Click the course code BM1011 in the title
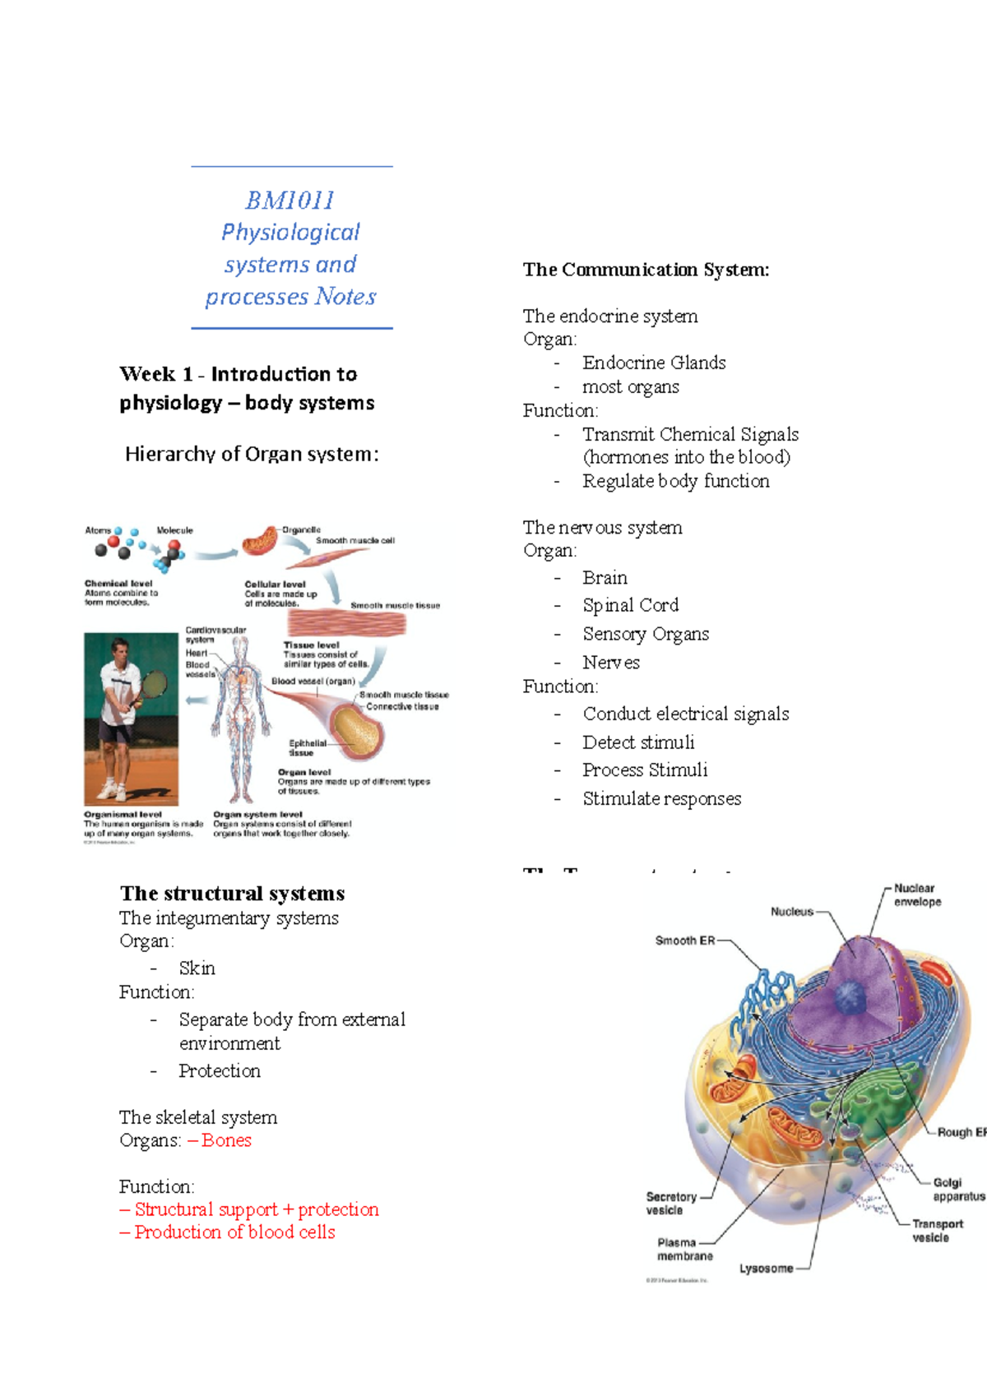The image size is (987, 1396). click(290, 200)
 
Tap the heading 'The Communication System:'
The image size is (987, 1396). click(646, 270)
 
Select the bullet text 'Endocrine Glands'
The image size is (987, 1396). click(654, 363)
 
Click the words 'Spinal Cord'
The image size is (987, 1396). click(630, 605)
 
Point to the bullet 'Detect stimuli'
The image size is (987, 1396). click(638, 742)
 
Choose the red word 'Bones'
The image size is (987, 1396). click(226, 1140)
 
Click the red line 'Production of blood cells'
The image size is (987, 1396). click(234, 1232)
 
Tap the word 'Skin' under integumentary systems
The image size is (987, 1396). click(197, 968)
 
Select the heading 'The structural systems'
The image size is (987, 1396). click(232, 894)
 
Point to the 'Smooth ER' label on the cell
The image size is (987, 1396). click(684, 941)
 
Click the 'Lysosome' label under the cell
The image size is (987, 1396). click(766, 1269)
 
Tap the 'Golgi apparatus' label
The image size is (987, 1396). click(957, 1189)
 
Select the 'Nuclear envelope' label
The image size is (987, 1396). click(917, 895)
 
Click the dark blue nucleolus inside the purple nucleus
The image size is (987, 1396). click(849, 998)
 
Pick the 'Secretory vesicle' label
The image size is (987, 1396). click(670, 1204)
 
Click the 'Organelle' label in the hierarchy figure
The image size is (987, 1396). click(301, 530)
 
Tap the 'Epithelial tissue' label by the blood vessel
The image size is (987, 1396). click(306, 747)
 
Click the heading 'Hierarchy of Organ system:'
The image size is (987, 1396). click(252, 454)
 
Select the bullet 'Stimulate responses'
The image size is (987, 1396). click(661, 799)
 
